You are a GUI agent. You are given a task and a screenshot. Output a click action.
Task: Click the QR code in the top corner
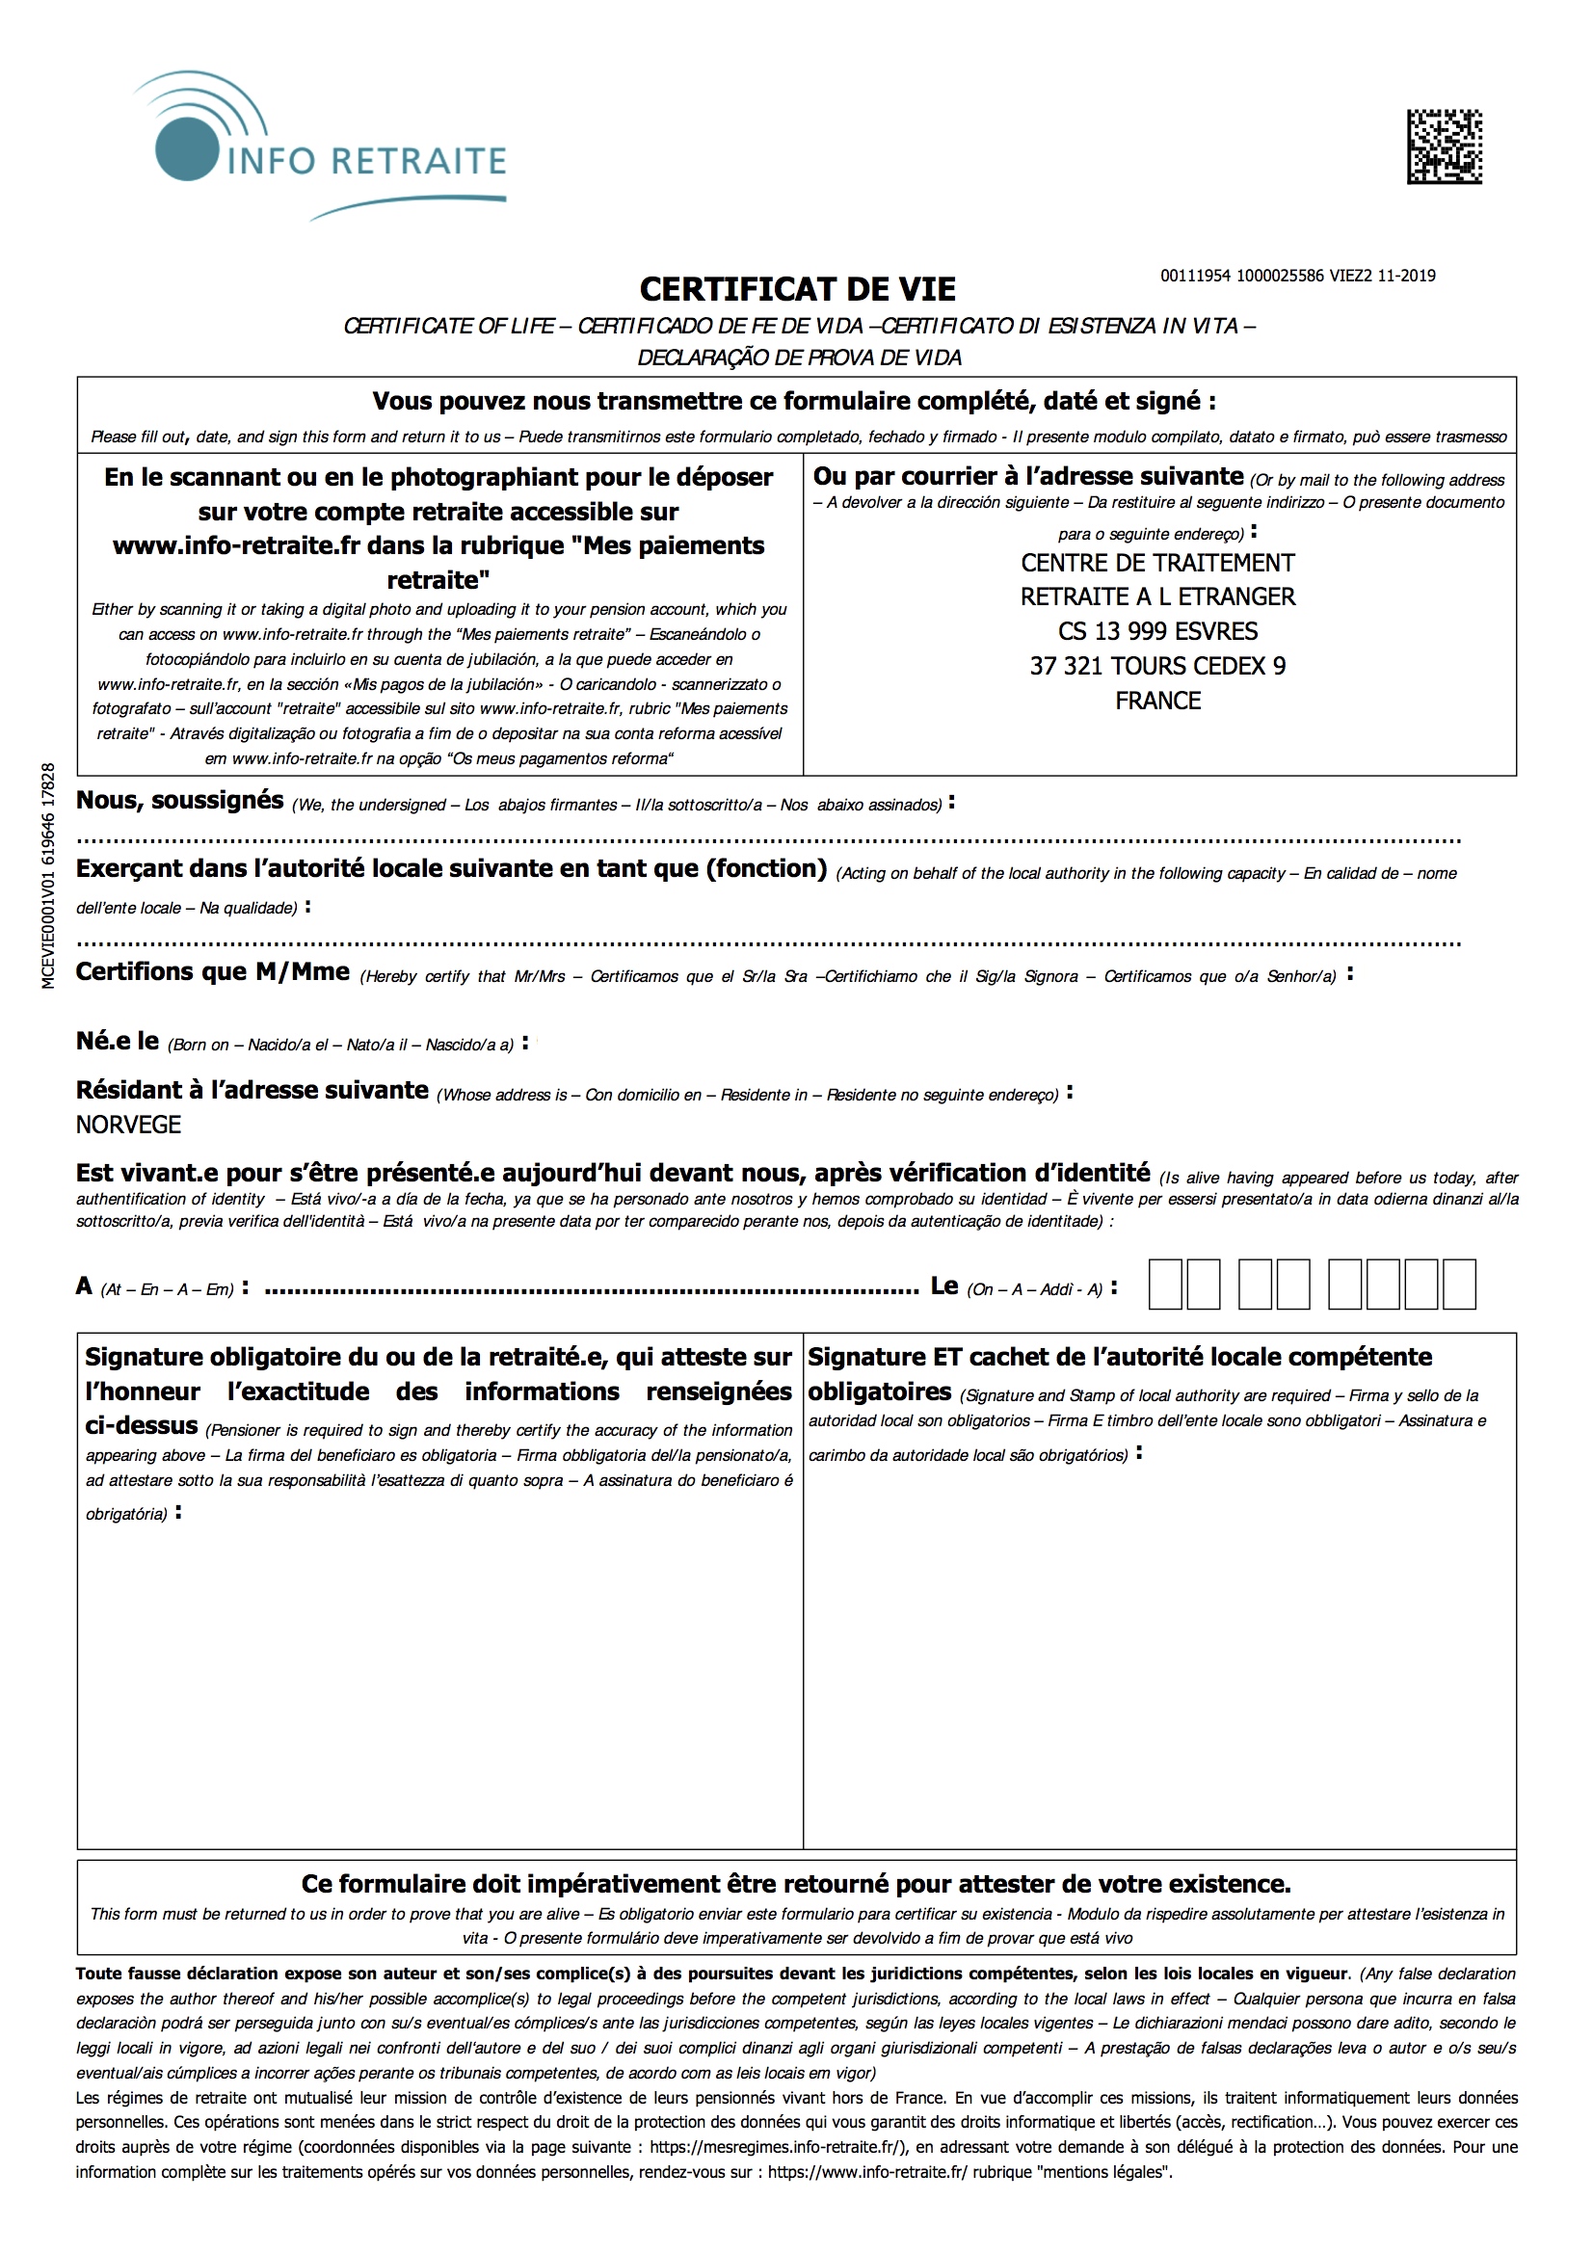coord(1444,146)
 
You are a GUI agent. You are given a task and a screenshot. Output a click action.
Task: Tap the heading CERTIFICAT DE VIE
coord(797,289)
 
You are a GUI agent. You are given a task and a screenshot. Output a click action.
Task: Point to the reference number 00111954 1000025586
coord(1242,276)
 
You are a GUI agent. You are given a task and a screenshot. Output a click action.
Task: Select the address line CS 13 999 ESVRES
coord(1157,631)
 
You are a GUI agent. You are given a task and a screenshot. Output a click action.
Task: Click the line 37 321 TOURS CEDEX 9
coord(1157,666)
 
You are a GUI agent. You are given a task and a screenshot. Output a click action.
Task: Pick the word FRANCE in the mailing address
coord(1157,701)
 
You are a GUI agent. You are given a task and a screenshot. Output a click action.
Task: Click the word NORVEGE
coord(128,1125)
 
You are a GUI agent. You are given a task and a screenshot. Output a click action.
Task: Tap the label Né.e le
coord(117,1041)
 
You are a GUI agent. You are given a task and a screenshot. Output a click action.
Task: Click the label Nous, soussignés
coord(179,801)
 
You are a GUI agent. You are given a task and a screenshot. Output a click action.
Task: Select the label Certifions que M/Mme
coord(212,971)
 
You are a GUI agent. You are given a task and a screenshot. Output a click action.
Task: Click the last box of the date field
coord(1458,1285)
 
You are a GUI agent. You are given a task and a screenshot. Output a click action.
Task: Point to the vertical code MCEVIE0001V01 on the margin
coord(49,875)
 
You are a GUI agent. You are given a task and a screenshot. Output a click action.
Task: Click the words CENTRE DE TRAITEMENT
coord(1157,563)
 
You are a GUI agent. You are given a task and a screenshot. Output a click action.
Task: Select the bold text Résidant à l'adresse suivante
coord(252,1090)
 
